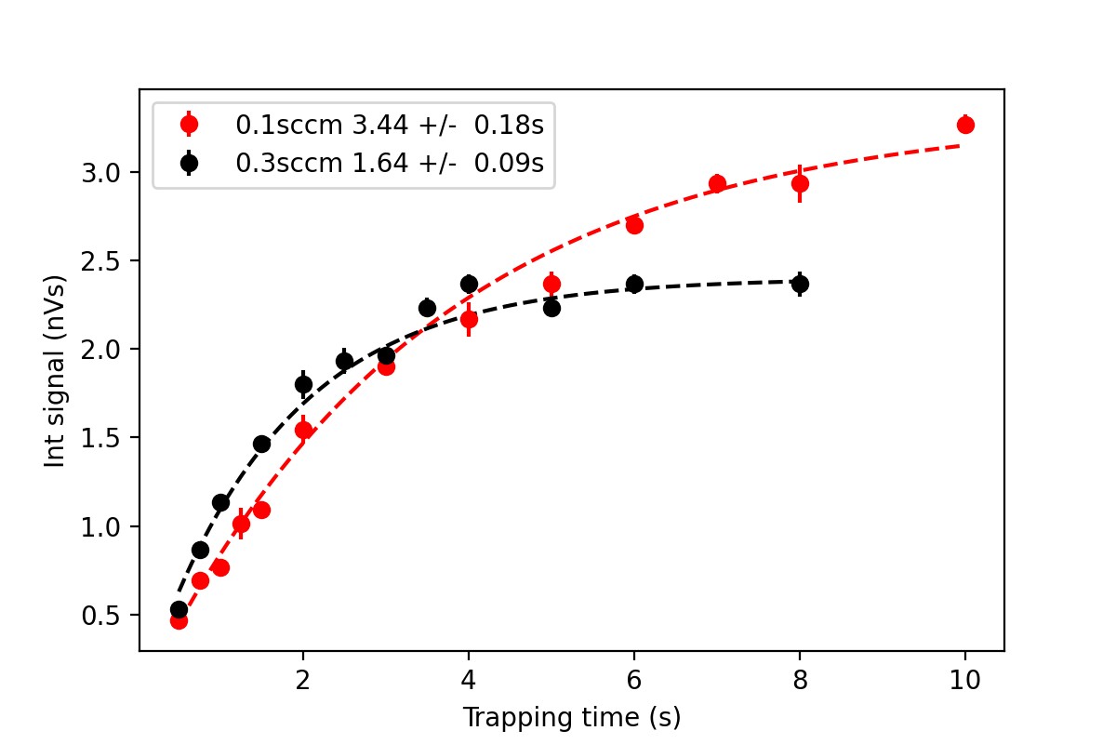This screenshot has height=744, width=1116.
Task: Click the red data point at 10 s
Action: click(965, 125)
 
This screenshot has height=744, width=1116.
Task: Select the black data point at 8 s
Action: click(800, 284)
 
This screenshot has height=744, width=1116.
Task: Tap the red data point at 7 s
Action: click(717, 183)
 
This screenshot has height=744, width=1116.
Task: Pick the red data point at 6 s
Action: click(634, 224)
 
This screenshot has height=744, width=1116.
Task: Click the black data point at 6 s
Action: click(634, 284)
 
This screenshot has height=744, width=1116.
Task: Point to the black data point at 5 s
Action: click(551, 308)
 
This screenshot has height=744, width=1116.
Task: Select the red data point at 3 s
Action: click(386, 366)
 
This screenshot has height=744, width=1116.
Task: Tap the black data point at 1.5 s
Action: click(261, 444)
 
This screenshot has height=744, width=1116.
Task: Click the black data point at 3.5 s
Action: click(427, 308)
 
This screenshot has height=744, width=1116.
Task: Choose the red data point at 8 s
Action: click(800, 183)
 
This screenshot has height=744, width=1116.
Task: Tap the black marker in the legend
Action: click(190, 163)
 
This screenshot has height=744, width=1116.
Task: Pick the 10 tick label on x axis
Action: click(965, 680)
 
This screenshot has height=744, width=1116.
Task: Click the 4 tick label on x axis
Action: click(469, 680)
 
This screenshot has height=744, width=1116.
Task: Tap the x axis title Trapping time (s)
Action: click(572, 717)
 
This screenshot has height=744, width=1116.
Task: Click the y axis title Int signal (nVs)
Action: click(56, 370)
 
